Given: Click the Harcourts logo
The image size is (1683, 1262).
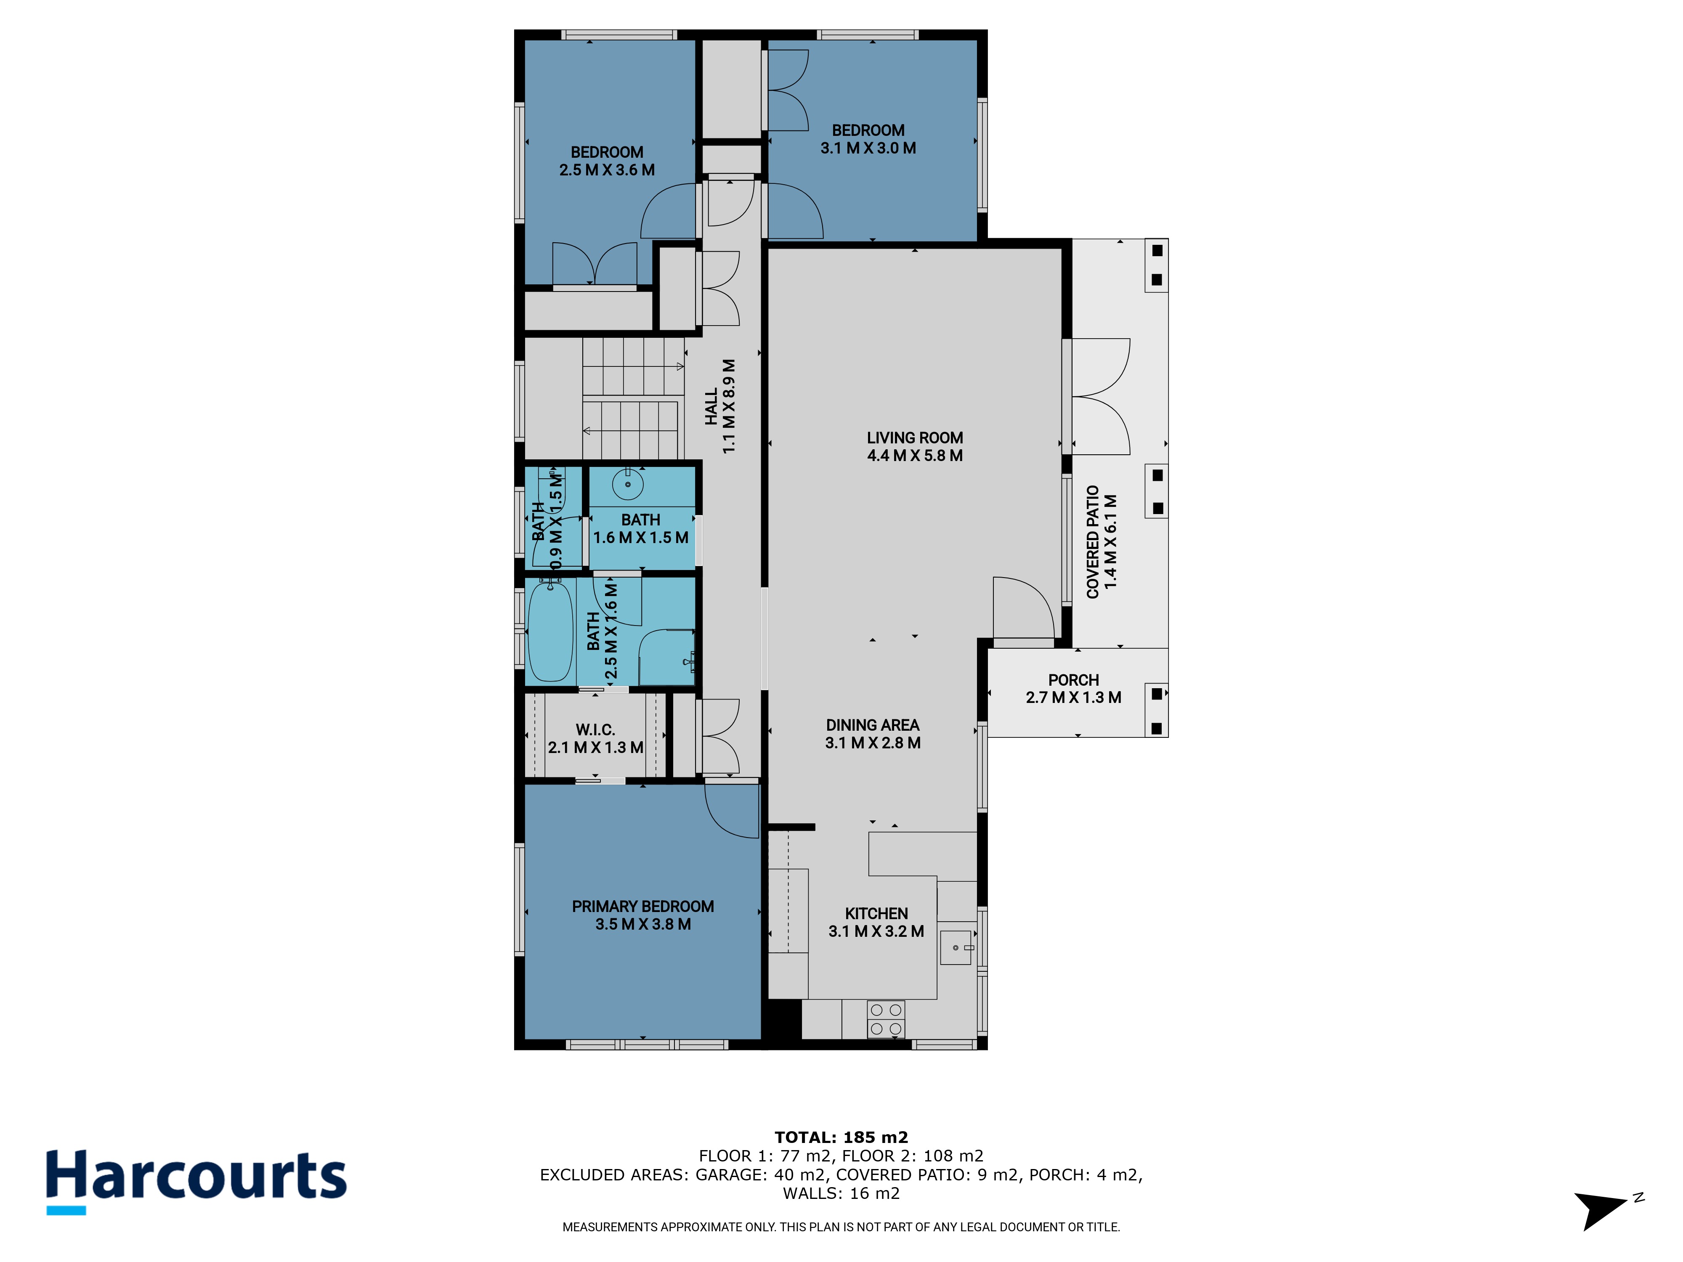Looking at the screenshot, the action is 196,1181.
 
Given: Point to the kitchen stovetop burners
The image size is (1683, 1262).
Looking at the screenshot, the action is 886,1019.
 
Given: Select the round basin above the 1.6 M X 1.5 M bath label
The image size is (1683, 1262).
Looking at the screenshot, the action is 628,484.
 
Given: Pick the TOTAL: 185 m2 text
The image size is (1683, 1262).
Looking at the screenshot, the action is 841,1137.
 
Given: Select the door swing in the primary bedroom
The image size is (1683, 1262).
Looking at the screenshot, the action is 732,811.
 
